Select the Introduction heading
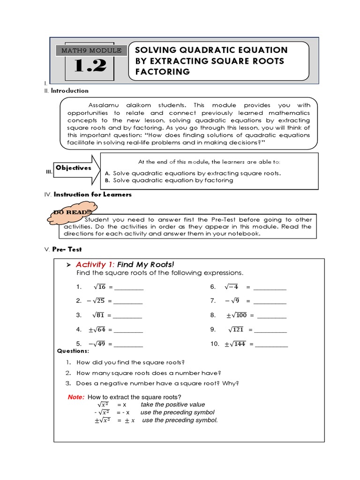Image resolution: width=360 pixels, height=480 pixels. (69, 90)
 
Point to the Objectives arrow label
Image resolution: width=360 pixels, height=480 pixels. (73, 168)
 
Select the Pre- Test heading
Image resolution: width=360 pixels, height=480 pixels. (68, 249)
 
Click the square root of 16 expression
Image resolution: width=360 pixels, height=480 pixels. (99, 287)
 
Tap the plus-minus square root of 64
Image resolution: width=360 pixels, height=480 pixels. (97, 330)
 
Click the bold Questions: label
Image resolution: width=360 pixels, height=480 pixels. (73, 351)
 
